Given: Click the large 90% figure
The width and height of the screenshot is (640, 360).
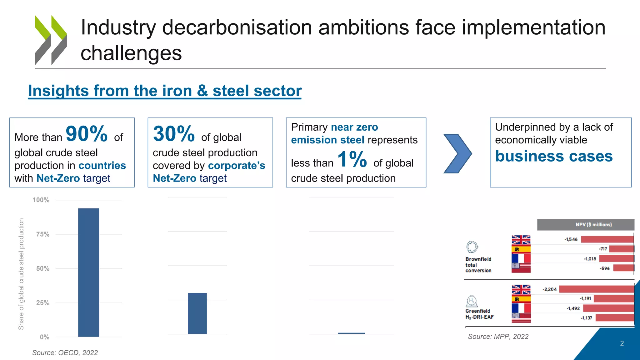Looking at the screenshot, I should (x=87, y=134).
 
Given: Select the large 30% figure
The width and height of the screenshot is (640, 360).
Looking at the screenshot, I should (x=174, y=134).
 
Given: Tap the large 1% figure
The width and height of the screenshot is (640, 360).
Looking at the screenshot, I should (x=352, y=159).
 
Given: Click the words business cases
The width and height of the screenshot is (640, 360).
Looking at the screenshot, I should (x=554, y=156).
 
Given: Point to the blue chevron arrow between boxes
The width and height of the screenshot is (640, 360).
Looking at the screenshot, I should (x=457, y=153).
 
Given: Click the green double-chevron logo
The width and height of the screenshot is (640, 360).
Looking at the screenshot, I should (x=51, y=40).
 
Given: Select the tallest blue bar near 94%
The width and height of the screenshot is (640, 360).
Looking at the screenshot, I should (x=88, y=272).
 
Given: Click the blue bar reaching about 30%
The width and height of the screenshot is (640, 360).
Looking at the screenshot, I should (x=197, y=313).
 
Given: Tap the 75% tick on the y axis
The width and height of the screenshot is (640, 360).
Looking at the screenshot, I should (x=43, y=234).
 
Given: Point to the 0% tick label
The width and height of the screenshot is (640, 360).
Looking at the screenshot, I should (x=45, y=337).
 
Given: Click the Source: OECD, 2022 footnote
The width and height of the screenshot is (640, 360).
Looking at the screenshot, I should (x=65, y=353).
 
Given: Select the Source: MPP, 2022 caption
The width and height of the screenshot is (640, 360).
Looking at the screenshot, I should (x=498, y=337).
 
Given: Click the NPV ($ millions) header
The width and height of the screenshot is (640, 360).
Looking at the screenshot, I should (x=593, y=225).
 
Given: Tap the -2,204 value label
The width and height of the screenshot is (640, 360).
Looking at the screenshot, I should (x=550, y=289).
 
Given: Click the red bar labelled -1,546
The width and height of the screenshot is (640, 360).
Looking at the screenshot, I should (x=607, y=239).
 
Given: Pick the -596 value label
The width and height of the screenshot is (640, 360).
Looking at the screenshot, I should (x=605, y=268).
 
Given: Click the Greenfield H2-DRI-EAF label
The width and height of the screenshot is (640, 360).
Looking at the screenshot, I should (x=479, y=314).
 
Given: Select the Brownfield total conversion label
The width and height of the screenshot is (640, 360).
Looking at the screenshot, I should (x=478, y=265).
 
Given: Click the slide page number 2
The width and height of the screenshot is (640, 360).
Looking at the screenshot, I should (x=622, y=343).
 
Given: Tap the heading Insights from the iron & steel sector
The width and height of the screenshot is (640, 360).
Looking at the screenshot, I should (x=165, y=91).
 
